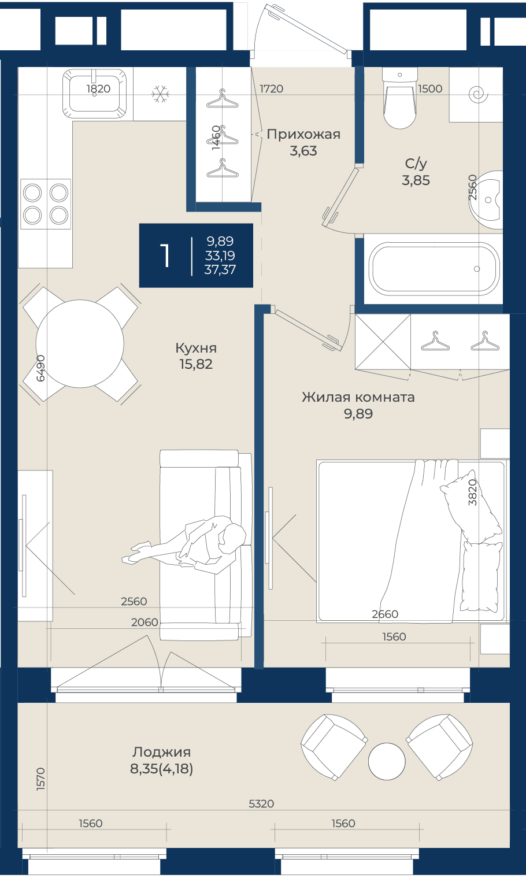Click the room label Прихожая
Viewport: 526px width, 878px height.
303,135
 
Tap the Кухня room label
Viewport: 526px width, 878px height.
196,347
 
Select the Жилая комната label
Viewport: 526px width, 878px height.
358,397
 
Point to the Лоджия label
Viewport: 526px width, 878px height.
161,752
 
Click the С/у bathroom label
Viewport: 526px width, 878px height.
416,164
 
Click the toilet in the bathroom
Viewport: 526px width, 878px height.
399,98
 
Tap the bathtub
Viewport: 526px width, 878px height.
436,269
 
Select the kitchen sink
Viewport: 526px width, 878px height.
94,93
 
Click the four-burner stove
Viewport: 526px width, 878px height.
46,204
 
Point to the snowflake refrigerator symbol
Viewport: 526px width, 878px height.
160,94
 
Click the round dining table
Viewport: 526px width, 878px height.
80,344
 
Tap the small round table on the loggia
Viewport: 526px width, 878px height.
387,761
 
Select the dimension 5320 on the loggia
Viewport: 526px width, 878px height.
261,803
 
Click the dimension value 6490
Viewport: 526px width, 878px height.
40,368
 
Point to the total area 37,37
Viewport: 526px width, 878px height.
220,270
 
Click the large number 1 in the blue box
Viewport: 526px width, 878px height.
165,255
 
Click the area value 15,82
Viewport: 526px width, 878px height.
196,364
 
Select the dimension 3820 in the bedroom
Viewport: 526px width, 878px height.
473,492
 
